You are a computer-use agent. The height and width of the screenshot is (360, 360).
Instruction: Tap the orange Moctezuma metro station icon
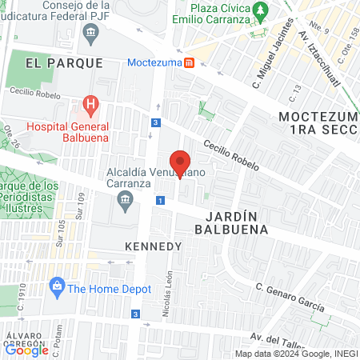(x=189, y=62)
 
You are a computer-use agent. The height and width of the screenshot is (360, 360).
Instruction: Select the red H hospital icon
(x=90, y=105)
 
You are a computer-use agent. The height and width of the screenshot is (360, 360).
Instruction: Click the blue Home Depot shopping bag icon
(x=57, y=286)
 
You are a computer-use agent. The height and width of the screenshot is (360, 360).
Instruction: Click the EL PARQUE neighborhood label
(x=64, y=62)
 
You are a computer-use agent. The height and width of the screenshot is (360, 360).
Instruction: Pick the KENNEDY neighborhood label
(x=154, y=246)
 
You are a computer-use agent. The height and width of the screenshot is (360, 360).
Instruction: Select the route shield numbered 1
(x=161, y=200)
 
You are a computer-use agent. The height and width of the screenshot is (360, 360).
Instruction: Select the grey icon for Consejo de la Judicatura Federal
(x=90, y=35)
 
